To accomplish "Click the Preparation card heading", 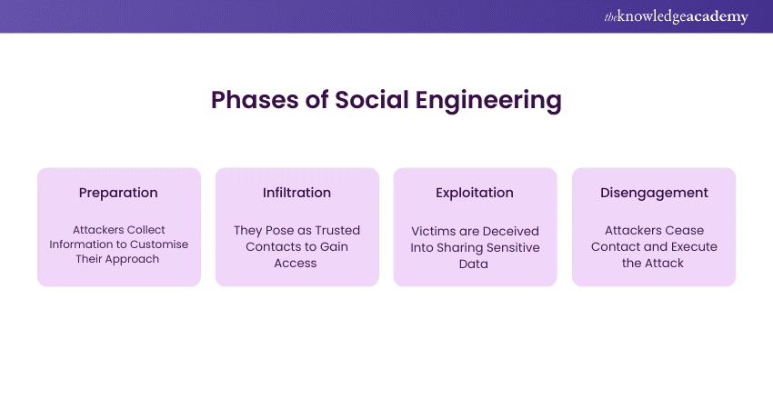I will [118, 193].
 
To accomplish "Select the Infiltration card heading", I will [296, 193].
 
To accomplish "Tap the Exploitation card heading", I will [475, 193].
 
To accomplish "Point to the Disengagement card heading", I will [653, 193].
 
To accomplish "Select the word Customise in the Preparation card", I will [158, 244].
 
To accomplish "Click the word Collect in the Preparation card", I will [146, 230].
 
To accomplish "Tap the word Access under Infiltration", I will [296, 263].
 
